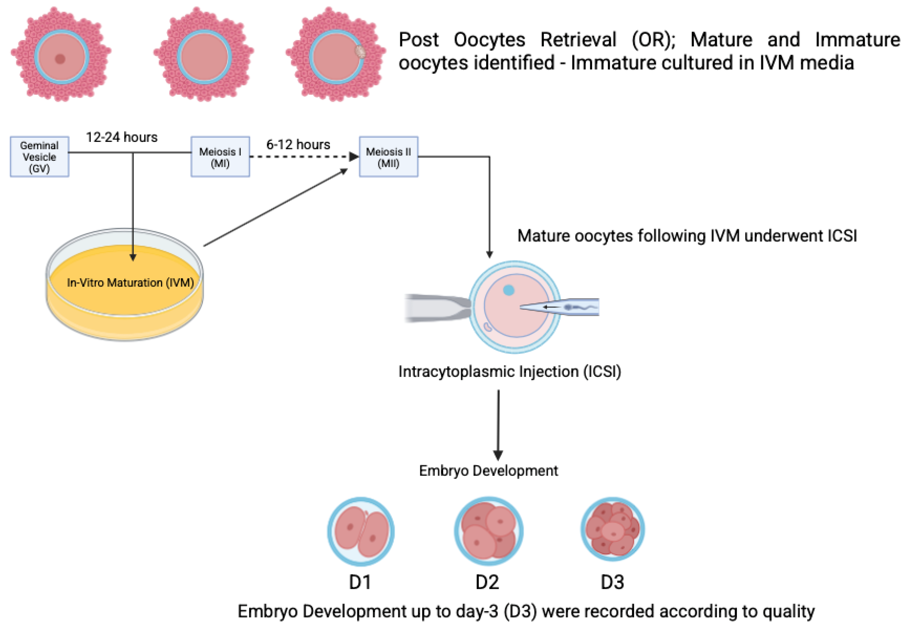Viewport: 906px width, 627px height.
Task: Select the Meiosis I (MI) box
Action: [220, 157]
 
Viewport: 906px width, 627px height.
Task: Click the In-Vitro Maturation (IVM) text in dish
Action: [130, 283]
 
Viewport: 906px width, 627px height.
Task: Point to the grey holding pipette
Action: [436, 308]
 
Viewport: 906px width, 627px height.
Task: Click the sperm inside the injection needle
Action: [575, 307]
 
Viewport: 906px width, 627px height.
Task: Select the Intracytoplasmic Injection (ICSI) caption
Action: [509, 371]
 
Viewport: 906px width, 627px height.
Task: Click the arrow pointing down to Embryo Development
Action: [498, 424]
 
